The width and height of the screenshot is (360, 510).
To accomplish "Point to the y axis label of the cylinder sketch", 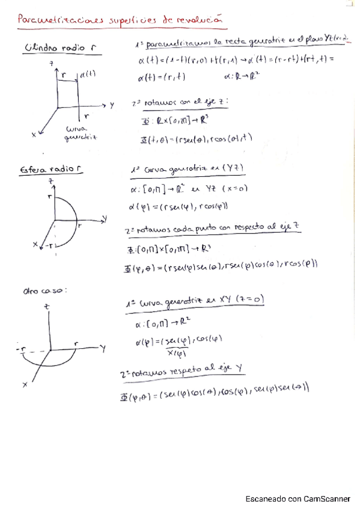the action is coord(112,105).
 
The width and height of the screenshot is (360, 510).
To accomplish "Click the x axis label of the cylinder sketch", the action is coord(34,135).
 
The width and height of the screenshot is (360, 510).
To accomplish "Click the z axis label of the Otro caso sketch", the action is coord(46,307).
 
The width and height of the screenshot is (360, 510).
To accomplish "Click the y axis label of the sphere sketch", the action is coord(105,217).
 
